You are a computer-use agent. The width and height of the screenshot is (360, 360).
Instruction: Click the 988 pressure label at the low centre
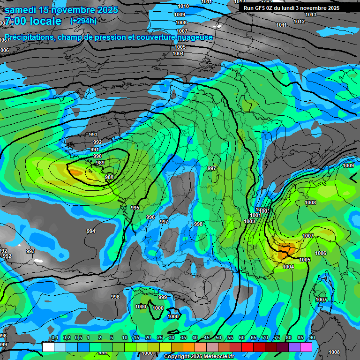point(109,177)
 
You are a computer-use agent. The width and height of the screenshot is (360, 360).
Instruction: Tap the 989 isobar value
point(100,163)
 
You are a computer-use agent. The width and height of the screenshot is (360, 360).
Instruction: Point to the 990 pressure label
point(97,156)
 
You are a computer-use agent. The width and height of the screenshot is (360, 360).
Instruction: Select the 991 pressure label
point(95,150)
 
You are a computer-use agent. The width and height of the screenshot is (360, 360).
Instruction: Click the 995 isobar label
point(135,208)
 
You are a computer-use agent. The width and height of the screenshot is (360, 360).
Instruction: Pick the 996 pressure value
point(150,217)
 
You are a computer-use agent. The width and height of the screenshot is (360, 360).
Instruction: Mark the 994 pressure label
point(91,231)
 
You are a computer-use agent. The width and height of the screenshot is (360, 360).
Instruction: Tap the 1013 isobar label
point(310,15)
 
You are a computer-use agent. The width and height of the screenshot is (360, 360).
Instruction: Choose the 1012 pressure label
point(299,22)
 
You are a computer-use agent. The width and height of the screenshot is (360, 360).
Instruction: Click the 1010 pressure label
point(183,6)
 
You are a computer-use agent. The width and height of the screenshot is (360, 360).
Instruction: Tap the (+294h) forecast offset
point(83,21)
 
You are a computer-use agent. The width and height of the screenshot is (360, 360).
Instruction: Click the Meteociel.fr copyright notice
point(199,357)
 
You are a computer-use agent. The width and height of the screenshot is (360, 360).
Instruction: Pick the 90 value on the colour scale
point(312,337)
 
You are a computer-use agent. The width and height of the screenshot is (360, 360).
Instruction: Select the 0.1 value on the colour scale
point(55,337)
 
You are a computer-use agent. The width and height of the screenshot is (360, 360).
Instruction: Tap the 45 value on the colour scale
point(207,337)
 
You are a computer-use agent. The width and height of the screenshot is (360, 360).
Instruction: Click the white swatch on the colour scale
point(48,347)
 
